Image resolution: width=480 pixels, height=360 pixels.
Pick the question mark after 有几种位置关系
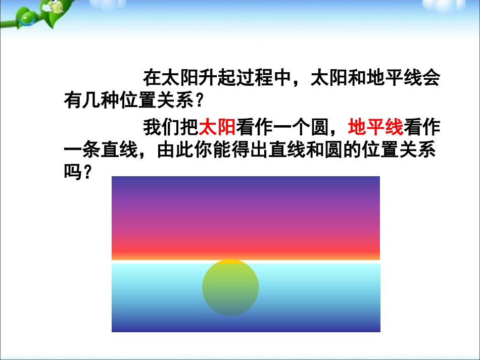pos(199,100)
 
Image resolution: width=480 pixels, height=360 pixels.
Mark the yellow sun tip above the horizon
pos(230,262)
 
